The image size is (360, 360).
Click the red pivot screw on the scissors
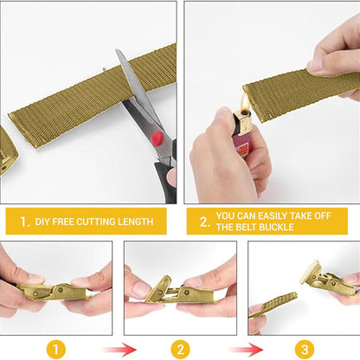[157, 137]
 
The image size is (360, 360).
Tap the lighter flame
[244, 108]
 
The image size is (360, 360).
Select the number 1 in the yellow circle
[56, 349]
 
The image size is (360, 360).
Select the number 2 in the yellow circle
[179, 349]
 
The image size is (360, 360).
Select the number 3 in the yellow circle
[303, 349]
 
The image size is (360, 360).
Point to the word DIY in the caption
[43, 222]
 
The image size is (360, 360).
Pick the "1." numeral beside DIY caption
[24, 222]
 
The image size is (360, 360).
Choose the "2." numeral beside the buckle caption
[204, 221]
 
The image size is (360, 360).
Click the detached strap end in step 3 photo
[273, 305]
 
